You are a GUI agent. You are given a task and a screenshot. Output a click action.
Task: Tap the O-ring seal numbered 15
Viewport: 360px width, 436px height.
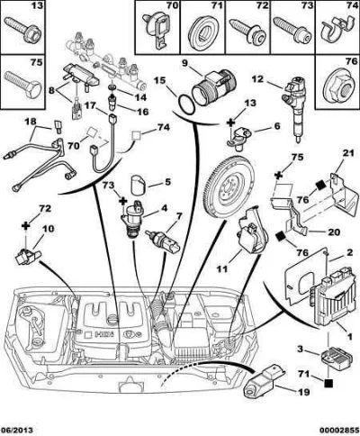point(185,104)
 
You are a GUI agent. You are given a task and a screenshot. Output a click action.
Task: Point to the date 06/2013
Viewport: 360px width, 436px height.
point(17,430)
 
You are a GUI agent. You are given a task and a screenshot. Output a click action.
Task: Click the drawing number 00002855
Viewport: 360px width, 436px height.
point(341,430)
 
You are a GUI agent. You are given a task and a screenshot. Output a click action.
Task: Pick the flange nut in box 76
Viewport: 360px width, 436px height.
point(337,87)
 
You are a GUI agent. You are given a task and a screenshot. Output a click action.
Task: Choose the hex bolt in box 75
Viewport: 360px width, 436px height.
point(22,84)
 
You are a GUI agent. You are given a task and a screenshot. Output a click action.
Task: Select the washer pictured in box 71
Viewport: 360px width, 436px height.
point(202,31)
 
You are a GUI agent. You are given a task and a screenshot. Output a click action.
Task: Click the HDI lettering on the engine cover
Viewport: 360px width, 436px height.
point(105,334)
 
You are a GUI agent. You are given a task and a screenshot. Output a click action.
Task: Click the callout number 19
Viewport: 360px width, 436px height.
point(303,392)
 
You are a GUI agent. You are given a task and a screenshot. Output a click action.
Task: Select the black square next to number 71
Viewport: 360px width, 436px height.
point(328,383)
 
